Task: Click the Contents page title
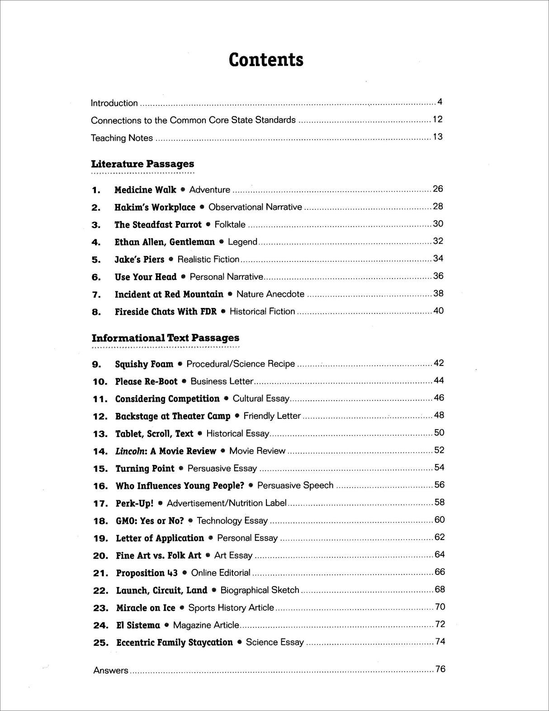(266, 60)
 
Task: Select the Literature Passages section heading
(142, 164)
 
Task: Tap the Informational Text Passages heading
(165, 338)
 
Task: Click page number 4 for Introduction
(440, 102)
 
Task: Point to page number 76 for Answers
(440, 669)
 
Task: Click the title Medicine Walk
(145, 190)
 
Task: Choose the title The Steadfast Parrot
(158, 225)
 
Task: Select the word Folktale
(230, 225)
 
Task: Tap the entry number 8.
(96, 312)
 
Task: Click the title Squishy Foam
(144, 364)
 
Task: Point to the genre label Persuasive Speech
(295, 486)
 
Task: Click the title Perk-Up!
(134, 503)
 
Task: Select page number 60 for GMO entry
(439, 520)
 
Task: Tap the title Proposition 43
(147, 573)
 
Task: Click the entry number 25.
(100, 643)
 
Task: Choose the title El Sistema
(138, 626)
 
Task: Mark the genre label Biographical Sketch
(260, 590)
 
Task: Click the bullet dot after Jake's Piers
(171, 260)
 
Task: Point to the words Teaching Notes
(122, 138)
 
